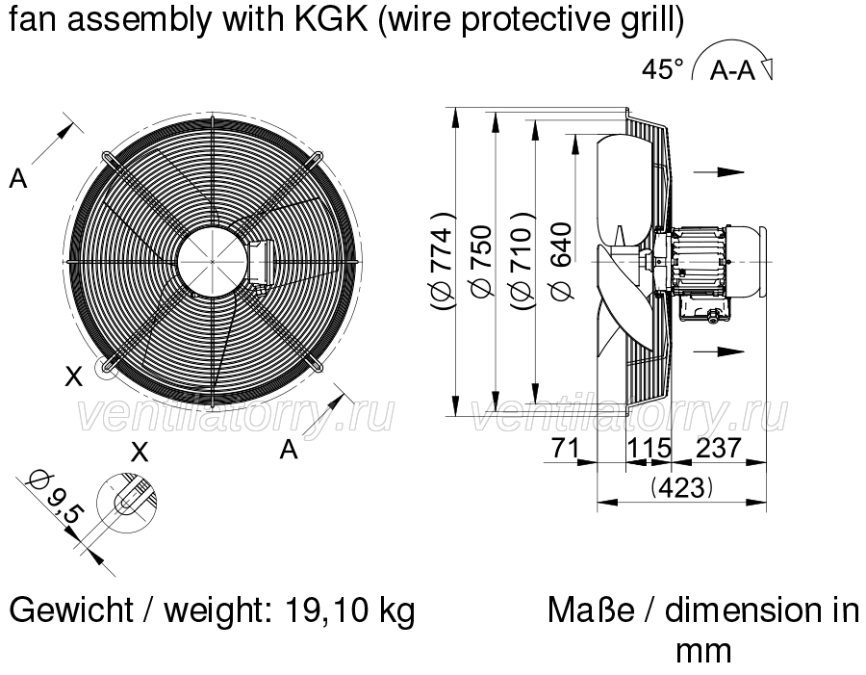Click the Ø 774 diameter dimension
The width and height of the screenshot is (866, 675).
(443, 260)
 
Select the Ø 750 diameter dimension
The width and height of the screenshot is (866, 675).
(480, 260)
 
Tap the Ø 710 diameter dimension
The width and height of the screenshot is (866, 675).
(522, 260)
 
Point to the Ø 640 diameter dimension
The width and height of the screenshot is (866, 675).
(560, 260)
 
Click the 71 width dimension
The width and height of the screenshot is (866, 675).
(565, 449)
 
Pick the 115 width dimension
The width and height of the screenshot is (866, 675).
(649, 449)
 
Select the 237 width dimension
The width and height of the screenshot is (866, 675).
(718, 449)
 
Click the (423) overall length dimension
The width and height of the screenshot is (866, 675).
(681, 488)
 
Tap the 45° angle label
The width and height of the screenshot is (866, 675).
(662, 69)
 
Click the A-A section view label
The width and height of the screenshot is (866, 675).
(732, 70)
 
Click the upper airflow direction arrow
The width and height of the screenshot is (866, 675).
(719, 172)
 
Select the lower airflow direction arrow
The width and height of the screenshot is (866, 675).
(719, 351)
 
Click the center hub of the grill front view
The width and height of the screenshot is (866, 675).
(213, 261)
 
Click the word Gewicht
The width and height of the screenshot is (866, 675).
(71, 610)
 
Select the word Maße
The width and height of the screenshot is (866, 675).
(591, 610)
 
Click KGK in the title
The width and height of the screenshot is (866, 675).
(331, 19)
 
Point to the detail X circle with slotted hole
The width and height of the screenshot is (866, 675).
(126, 503)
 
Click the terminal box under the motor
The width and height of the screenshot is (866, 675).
(697, 306)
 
